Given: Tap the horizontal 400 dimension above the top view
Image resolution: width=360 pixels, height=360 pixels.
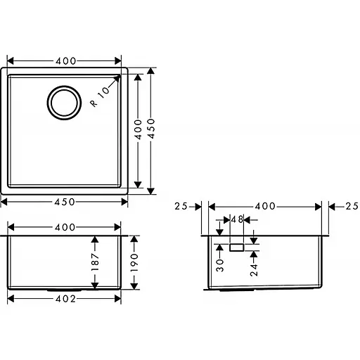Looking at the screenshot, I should click(65, 61).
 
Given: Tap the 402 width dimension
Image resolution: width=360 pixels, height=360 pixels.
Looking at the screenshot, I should click(65, 298).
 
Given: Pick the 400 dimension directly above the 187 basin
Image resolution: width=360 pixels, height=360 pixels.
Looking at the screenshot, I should click(65, 228).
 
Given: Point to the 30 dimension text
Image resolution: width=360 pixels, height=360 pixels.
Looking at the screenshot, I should click(219, 264).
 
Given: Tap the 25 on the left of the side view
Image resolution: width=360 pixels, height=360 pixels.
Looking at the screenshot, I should click(181, 206).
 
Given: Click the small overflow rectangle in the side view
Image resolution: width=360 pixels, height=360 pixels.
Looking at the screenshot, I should click(236, 247).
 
